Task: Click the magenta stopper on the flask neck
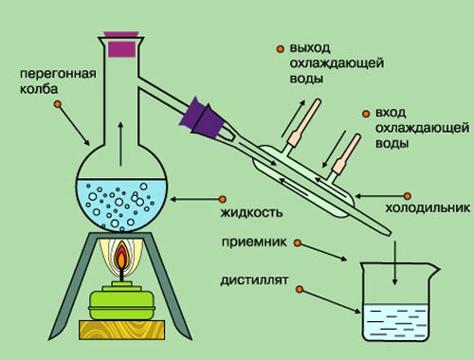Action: pyautogui.click(x=121, y=45)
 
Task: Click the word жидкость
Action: pyautogui.click(x=251, y=213)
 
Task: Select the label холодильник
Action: pyautogui.click(x=428, y=208)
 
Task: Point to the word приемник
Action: pyautogui.click(x=254, y=243)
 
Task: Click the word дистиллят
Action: pyautogui.click(x=254, y=280)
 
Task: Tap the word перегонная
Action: pyautogui.click(x=58, y=74)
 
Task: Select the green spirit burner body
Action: pyautogui.click(x=121, y=301)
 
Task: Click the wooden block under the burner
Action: pyautogui.click(x=122, y=330)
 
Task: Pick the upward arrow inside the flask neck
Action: pyautogui.click(x=120, y=144)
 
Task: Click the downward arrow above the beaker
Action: pyautogui.click(x=394, y=263)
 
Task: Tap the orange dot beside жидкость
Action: pyautogui.click(x=223, y=199)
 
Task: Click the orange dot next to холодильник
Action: pyautogui.click(x=408, y=196)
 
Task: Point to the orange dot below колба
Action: pyautogui.click(x=58, y=104)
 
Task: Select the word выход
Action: pyautogui.click(x=310, y=48)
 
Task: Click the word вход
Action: pyautogui.click(x=391, y=113)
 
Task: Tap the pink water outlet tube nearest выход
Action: pyautogui.click(x=304, y=123)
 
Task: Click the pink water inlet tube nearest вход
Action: pyautogui.click(x=346, y=154)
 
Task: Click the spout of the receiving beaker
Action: pyautogui.click(x=434, y=269)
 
